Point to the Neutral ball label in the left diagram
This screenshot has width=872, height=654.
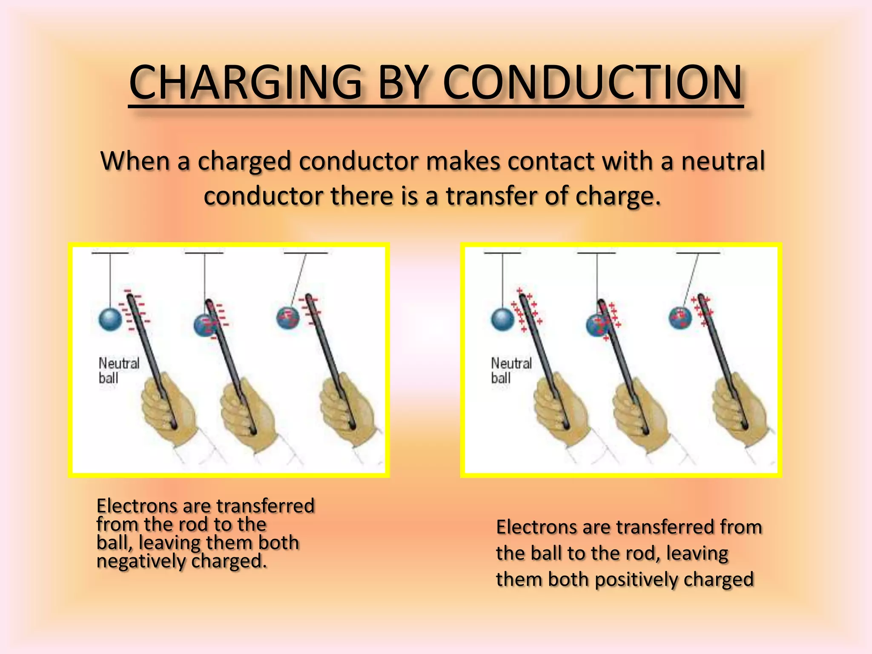click(x=119, y=370)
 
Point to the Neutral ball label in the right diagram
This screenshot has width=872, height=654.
click(x=511, y=370)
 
